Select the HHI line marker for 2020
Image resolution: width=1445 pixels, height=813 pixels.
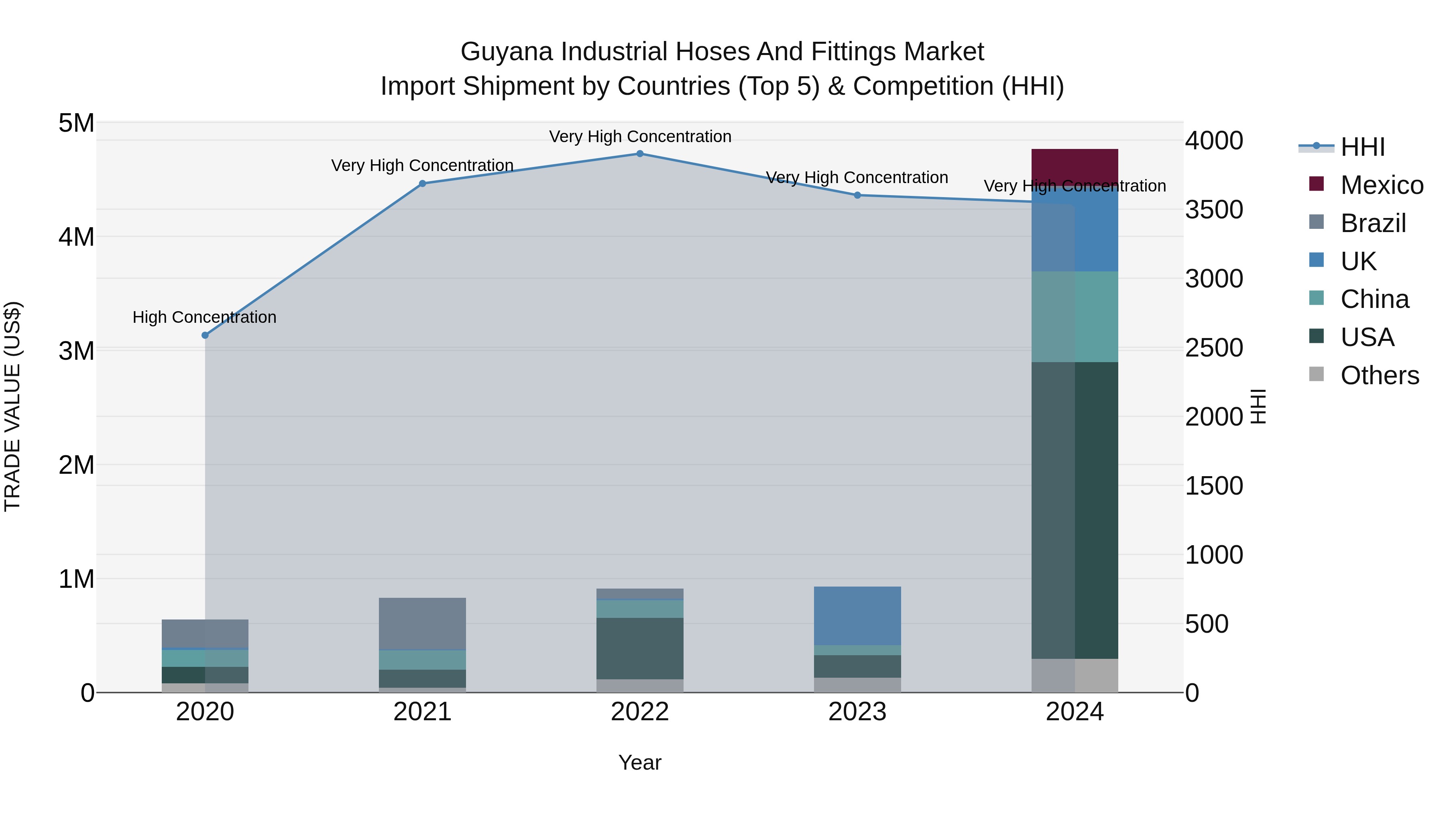205,335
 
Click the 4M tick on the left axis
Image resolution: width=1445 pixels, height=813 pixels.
76,237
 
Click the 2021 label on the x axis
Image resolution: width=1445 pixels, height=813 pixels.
422,712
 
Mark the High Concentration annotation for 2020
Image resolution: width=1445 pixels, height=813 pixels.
204,317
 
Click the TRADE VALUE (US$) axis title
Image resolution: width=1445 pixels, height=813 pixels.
12,406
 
